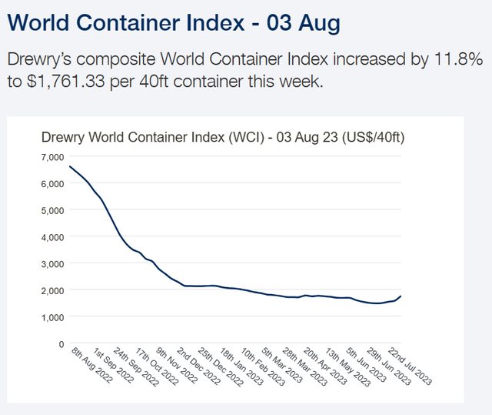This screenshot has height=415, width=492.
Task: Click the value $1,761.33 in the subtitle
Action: pyautogui.click(x=77, y=81)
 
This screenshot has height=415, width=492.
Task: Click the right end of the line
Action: pyautogui.click(x=401, y=296)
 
